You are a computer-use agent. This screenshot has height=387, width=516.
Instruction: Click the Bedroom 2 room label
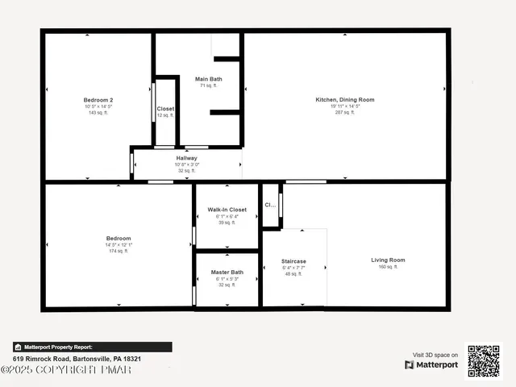click(x=98, y=100)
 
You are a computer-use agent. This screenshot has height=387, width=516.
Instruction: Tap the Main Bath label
click(x=208, y=79)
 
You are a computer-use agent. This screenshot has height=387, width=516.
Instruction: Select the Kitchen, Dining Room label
click(x=344, y=100)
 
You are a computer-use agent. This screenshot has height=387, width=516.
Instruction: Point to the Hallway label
click(x=186, y=158)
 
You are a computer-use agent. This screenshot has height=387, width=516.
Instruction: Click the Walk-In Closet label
click(x=227, y=210)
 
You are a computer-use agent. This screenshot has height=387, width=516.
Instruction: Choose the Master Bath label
click(x=227, y=273)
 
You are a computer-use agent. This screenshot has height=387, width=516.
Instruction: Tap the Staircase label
click(x=293, y=261)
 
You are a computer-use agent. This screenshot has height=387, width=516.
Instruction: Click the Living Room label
click(x=388, y=260)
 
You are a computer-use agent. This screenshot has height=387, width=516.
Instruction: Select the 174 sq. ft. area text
click(x=119, y=251)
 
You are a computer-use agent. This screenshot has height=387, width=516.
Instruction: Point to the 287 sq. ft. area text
click(x=344, y=113)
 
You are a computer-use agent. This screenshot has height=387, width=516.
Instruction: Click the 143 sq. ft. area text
click(x=98, y=113)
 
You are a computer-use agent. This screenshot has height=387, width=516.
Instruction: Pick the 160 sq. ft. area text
click(x=388, y=266)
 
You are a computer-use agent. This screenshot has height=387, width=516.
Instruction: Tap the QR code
click(x=484, y=360)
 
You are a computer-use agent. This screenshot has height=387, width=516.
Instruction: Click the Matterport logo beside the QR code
click(x=432, y=364)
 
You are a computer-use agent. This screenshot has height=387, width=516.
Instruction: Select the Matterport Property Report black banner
click(x=92, y=347)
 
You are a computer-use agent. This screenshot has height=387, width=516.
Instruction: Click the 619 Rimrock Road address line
click(x=77, y=358)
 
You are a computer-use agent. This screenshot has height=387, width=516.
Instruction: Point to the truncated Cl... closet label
click(x=270, y=205)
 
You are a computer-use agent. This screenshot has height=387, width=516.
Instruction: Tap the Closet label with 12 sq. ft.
click(x=165, y=109)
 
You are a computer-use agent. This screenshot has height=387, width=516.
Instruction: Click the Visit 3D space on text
click(x=435, y=355)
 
